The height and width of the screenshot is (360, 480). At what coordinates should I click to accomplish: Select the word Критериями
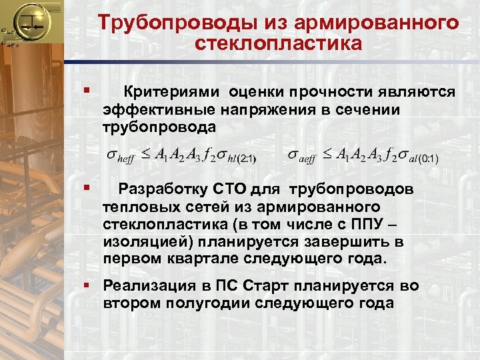tap(173, 91)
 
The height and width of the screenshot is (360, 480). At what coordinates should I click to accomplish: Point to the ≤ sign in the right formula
tap(327, 155)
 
